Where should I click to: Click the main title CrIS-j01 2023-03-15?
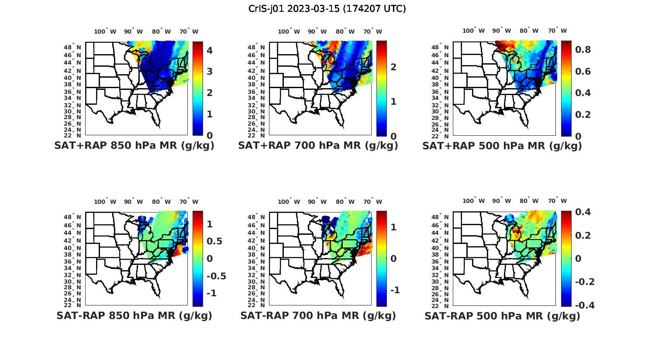point(327,9)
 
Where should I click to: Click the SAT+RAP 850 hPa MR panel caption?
point(134,146)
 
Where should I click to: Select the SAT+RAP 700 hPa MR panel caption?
point(318,146)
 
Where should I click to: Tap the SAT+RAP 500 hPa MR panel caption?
point(502,146)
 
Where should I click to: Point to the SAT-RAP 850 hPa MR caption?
point(134,315)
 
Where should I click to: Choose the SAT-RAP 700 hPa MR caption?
point(318,315)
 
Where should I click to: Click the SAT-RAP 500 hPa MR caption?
point(502,316)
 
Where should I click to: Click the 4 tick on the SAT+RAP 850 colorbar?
point(210,50)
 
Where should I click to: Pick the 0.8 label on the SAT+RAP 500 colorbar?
point(583,50)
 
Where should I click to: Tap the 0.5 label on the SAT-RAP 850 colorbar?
point(214,241)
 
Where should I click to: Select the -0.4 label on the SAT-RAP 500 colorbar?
point(585,305)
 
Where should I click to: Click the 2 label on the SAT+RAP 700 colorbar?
point(393,67)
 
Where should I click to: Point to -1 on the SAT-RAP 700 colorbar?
point(394,290)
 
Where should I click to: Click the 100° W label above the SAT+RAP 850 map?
point(105,31)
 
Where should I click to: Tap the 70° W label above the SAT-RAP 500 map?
point(558,201)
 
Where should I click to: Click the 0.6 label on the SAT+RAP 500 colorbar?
point(583,72)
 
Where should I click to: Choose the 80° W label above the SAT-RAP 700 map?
point(345,202)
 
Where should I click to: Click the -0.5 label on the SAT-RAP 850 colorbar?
point(216,276)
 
